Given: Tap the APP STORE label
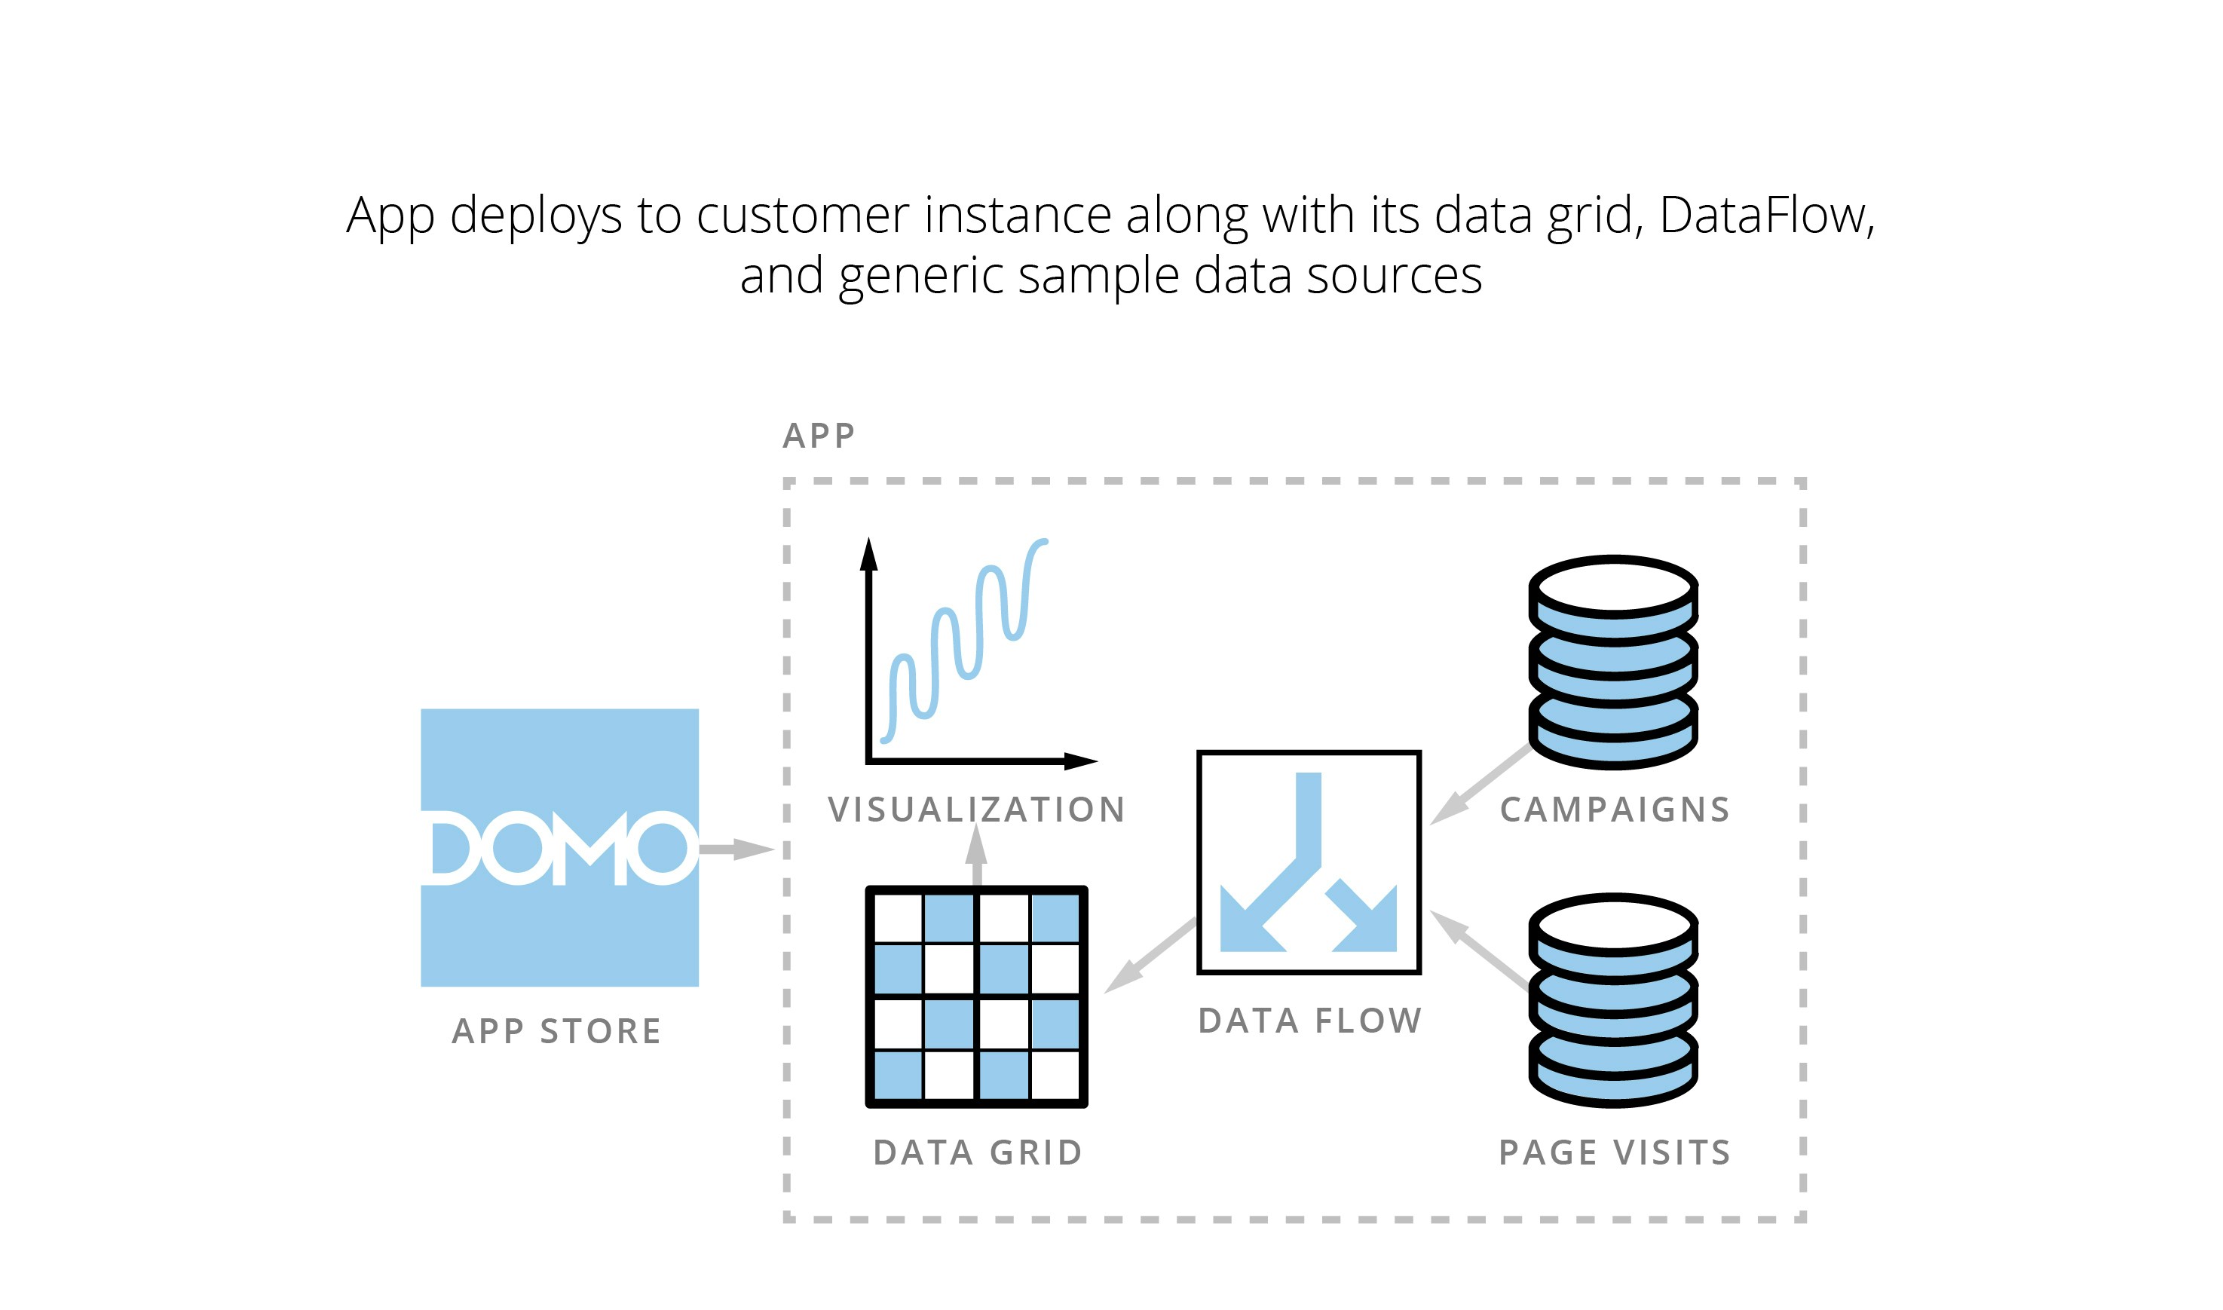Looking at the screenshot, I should point(556,1031).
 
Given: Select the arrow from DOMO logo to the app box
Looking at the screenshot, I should point(736,849).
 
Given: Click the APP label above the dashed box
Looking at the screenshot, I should point(819,436).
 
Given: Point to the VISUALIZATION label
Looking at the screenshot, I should point(976,810).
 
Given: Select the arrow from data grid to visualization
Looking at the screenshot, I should point(976,856).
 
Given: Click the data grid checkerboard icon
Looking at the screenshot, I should point(976,996).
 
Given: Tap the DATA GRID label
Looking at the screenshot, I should point(977,1153).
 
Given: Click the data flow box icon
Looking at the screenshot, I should point(1309,862).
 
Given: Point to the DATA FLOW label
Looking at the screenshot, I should point(1309,1021).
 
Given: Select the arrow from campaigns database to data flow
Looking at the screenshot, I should point(1480,784).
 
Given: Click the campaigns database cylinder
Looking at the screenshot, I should point(1613,662).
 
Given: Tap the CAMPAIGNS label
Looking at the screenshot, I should point(1615,810).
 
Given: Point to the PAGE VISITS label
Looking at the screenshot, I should point(1615,1153).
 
